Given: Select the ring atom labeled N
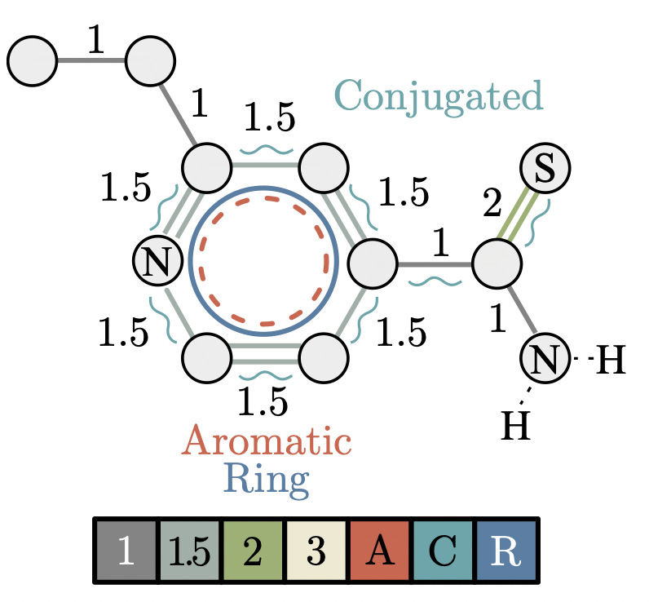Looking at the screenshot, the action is [x=157, y=263].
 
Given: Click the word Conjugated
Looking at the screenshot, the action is [x=439, y=96].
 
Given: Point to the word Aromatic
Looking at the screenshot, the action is [x=267, y=441].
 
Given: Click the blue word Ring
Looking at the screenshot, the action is [x=268, y=478].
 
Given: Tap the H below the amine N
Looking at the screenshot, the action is [x=515, y=424].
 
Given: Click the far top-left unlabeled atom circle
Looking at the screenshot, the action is [x=32, y=60].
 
